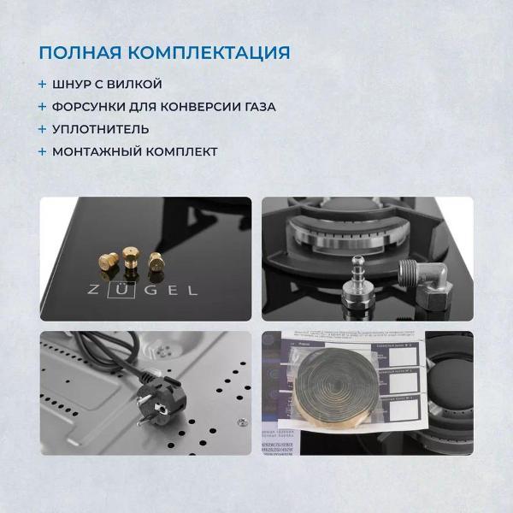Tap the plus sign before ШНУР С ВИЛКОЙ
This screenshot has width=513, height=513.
43,85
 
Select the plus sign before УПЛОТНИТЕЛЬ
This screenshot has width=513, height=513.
43,129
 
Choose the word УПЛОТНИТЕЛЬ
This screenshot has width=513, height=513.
101,129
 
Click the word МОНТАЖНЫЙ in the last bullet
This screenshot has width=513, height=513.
95,151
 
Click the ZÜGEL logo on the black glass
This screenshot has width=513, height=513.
143,290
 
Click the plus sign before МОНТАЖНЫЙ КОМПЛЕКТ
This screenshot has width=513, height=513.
43,151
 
